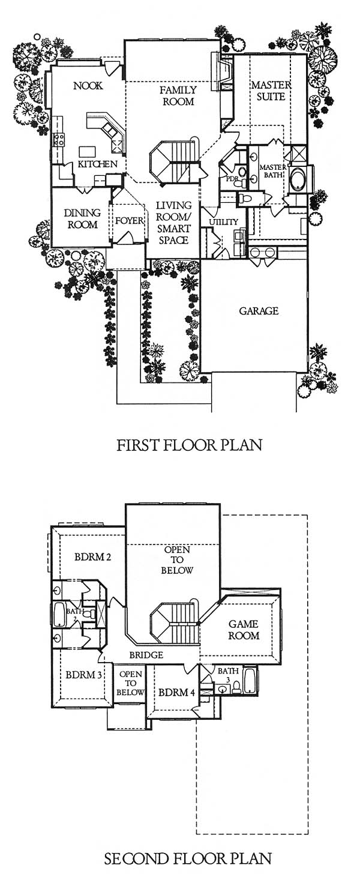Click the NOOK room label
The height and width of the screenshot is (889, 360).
pos(88,85)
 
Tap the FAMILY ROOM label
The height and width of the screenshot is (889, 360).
pos(179,95)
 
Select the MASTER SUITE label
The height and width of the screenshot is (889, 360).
pos(271,91)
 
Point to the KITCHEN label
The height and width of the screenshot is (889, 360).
pos(98,164)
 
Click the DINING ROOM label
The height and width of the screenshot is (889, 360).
pos(82,218)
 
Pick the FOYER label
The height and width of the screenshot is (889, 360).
pos(129,220)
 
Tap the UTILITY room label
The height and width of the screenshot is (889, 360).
pos(223,222)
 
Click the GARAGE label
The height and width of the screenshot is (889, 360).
pos(259,311)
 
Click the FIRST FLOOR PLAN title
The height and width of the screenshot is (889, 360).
pos(190,445)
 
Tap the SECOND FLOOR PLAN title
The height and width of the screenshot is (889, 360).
pos(188,858)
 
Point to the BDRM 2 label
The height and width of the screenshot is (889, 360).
pos(93,556)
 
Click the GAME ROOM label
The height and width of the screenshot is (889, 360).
pos(244,630)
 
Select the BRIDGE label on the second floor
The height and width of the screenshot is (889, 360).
pos(146,655)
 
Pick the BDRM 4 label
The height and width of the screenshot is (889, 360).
pos(176,693)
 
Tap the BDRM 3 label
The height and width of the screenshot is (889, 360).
pos(84,674)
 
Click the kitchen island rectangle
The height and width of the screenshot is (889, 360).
pos(87,152)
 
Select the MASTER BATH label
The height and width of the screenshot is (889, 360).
pos(273,171)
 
